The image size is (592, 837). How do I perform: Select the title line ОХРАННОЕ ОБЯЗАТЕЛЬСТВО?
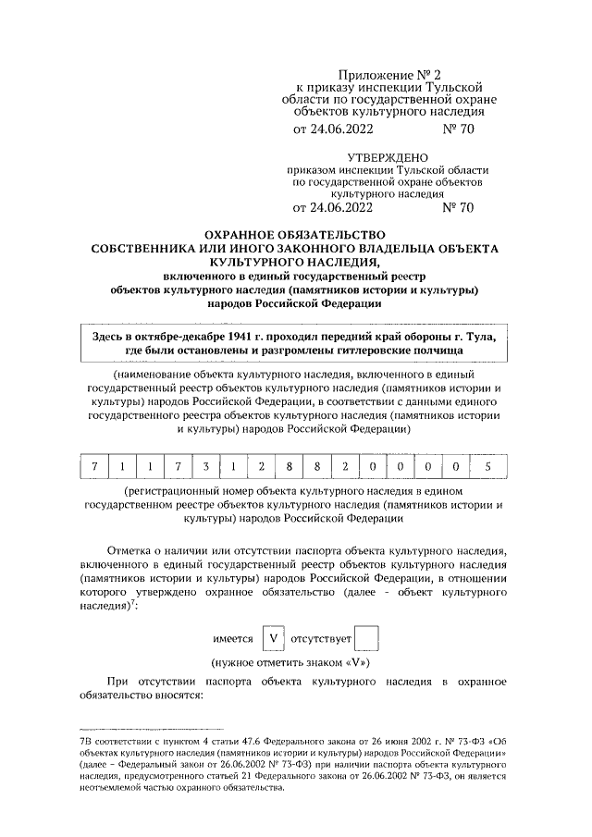point(294,236)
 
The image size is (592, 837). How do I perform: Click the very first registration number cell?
point(94,465)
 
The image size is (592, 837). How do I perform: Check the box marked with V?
point(274,638)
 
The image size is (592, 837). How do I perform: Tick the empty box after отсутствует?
point(366,638)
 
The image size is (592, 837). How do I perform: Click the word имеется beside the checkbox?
point(234,639)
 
